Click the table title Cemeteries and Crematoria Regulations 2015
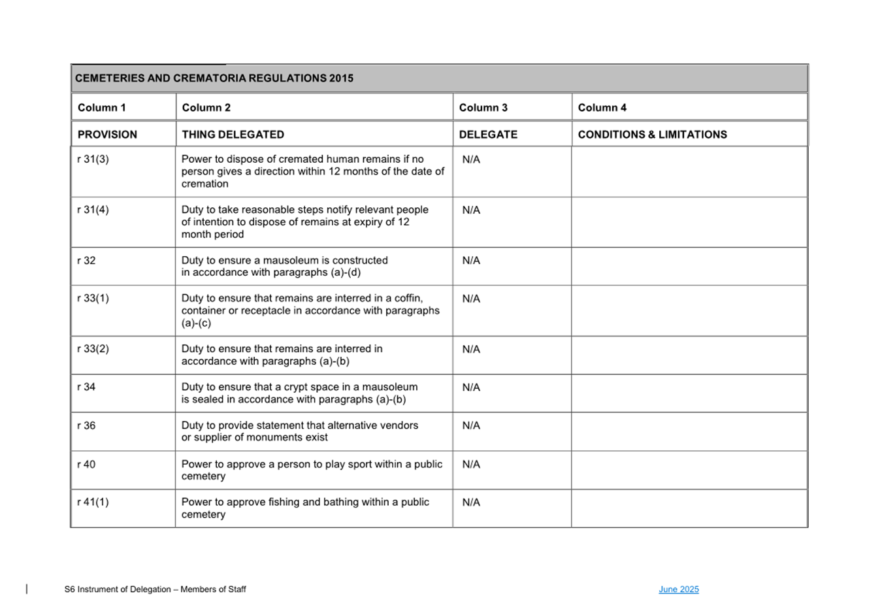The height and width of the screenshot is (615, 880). [214, 78]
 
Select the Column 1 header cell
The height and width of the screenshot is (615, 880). [101, 108]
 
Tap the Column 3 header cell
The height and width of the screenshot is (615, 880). [483, 108]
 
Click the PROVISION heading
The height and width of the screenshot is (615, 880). [107, 135]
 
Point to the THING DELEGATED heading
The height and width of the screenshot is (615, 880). [233, 135]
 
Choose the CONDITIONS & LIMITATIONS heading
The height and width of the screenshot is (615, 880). [652, 135]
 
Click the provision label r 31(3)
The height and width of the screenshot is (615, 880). [93, 159]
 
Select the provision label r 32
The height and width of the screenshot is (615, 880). [86, 261]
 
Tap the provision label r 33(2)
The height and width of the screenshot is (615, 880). [93, 349]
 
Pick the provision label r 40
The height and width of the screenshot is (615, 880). [86, 465]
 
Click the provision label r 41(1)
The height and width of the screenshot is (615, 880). [93, 503]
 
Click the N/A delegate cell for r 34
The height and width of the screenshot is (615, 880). [471, 388]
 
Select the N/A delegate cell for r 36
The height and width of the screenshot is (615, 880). [471, 425]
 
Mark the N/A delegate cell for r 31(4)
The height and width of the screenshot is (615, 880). [471, 210]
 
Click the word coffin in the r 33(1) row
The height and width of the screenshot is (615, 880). [408, 299]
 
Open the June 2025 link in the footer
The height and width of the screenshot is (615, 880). [678, 590]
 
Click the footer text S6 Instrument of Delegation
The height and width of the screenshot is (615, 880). [118, 590]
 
